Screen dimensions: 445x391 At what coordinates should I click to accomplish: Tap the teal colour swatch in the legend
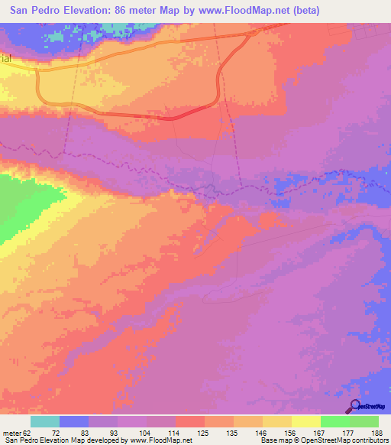point(45,421)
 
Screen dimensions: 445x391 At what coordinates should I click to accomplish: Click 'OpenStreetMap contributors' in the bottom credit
point(350,440)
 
